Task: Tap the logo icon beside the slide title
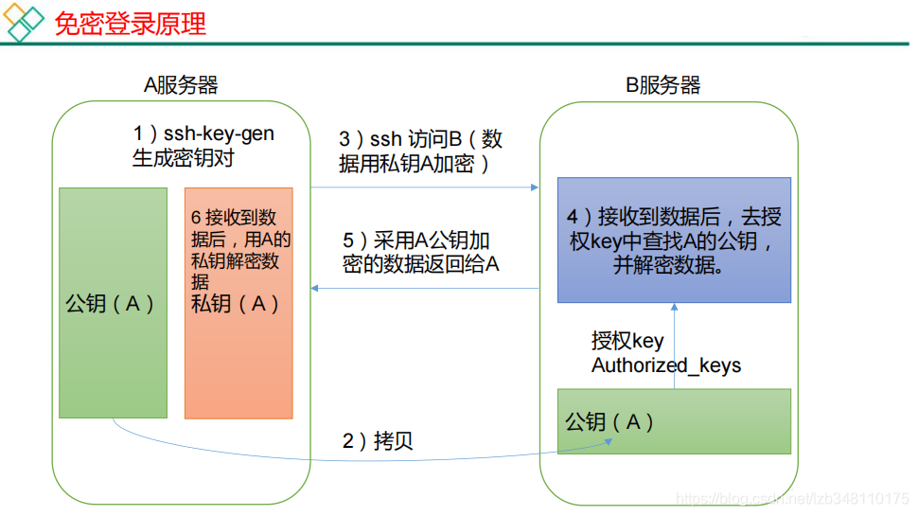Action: (x=26, y=23)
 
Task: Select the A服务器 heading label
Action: (x=181, y=85)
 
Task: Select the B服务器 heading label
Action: (x=663, y=85)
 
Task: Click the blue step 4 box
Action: (x=673, y=240)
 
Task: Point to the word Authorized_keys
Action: (x=666, y=365)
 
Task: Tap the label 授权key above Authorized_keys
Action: (x=627, y=341)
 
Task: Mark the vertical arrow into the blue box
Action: (x=674, y=346)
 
